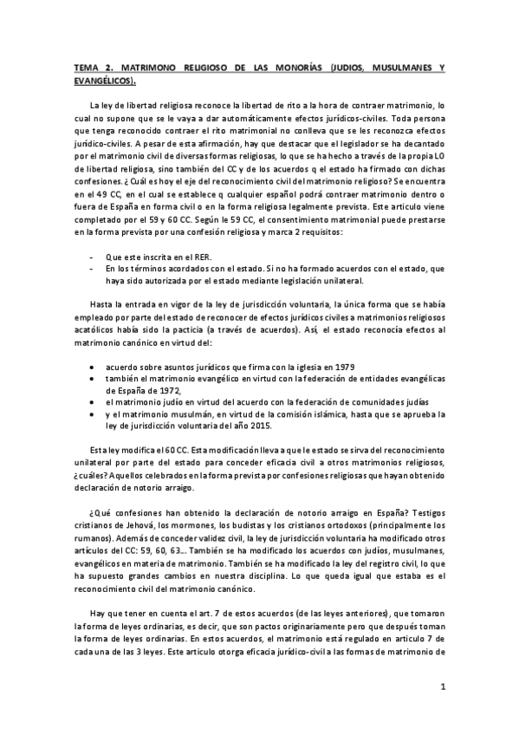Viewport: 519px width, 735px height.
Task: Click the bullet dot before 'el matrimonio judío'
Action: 93,402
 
